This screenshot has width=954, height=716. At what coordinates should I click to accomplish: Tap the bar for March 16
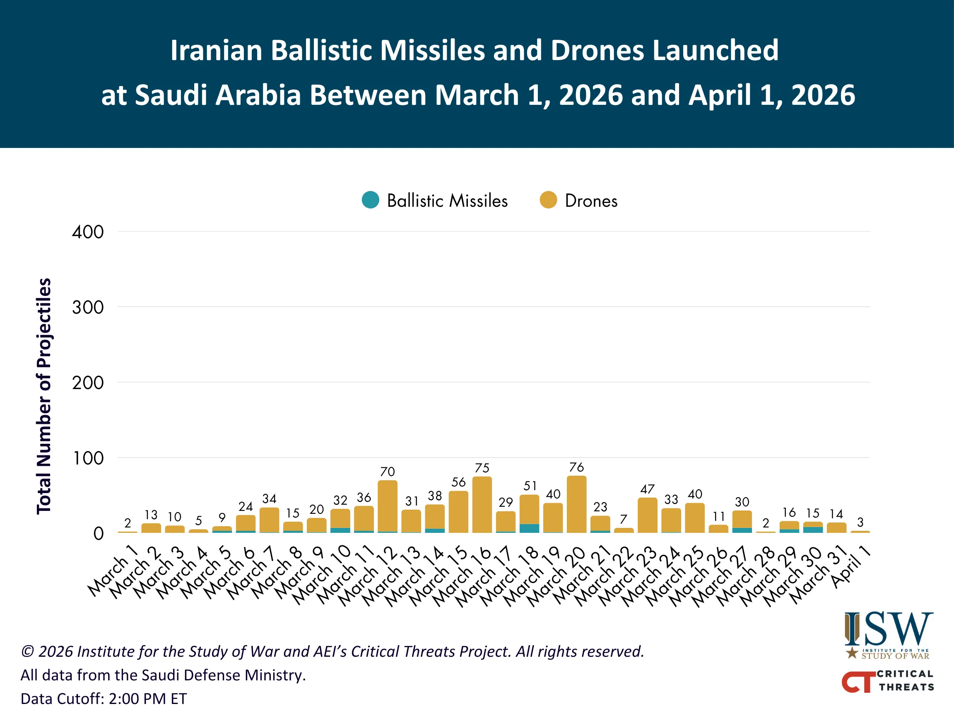[x=482, y=505]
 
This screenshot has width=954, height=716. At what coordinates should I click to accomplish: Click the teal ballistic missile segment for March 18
[x=529, y=528]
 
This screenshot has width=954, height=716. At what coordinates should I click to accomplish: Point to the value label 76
[x=576, y=467]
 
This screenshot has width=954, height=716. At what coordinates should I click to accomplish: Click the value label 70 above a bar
[x=387, y=471]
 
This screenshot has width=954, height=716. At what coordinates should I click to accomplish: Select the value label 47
[x=647, y=489]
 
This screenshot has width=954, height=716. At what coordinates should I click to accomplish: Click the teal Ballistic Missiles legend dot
[x=370, y=200]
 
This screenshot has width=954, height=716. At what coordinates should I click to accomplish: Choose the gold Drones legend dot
[x=548, y=200]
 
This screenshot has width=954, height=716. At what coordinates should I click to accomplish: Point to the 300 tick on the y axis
[x=88, y=308]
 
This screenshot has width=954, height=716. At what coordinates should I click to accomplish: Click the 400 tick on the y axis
[x=88, y=232]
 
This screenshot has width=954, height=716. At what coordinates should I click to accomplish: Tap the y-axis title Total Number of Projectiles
[x=43, y=396]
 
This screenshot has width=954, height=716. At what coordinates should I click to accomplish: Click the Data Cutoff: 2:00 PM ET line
[x=104, y=698]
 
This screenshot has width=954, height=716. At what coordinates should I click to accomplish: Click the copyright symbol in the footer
[x=28, y=652]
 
